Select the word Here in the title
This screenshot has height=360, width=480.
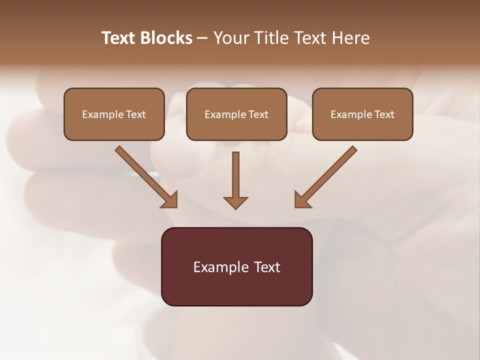tap(351, 38)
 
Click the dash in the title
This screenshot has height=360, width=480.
tap(202, 38)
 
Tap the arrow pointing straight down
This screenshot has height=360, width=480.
tap(235, 180)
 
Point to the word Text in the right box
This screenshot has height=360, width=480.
tap(384, 114)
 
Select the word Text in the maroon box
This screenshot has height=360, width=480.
tap(267, 267)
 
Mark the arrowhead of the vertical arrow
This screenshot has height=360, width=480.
tap(235, 202)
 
